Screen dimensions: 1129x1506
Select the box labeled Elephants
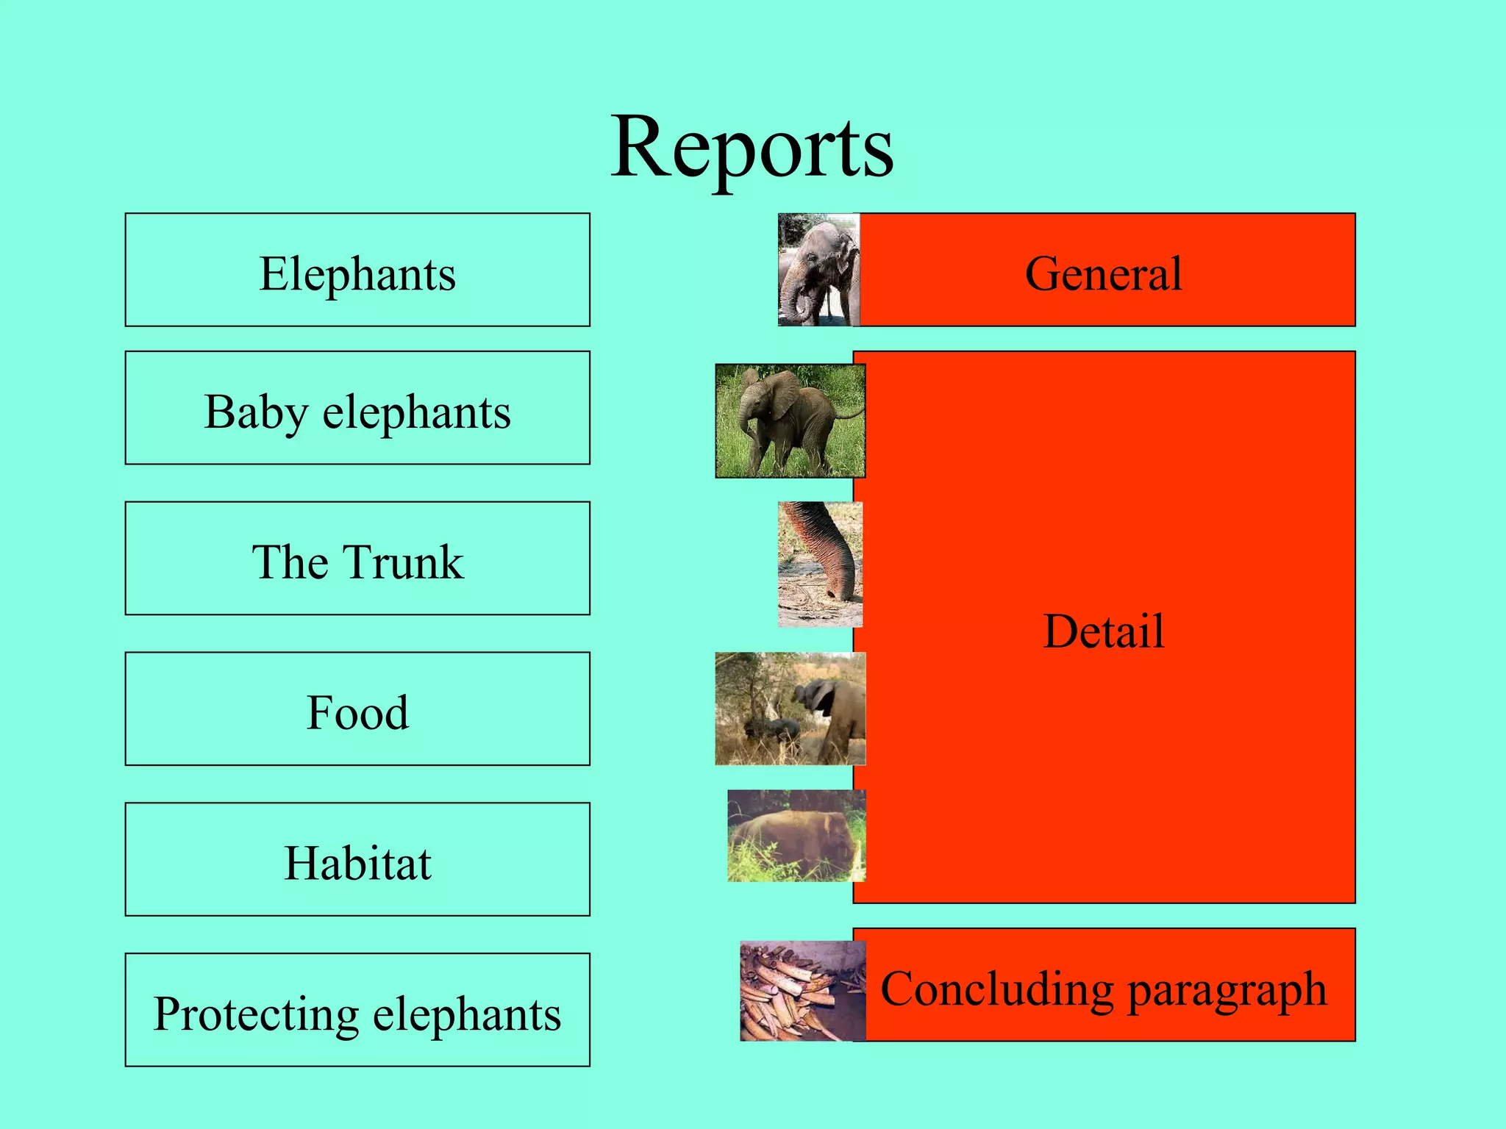tap(357, 270)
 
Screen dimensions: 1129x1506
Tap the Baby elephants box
tap(357, 409)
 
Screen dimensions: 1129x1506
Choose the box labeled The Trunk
tap(357, 559)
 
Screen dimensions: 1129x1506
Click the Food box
tap(357, 710)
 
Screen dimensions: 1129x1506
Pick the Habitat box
tap(357, 860)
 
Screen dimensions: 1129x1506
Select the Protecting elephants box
tap(357, 1011)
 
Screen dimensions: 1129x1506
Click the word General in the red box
tap(1103, 273)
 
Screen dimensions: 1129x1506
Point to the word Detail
tap(1103, 631)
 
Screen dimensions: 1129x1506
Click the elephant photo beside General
tap(818, 270)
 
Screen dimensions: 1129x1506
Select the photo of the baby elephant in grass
tap(790, 421)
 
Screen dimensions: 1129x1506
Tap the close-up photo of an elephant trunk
tap(820, 564)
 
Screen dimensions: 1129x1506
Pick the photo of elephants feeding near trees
tap(790, 709)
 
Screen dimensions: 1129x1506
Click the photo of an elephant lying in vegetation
tap(796, 836)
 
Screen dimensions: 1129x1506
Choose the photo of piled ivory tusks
tap(802, 991)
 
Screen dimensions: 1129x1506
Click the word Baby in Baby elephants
tap(255, 412)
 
